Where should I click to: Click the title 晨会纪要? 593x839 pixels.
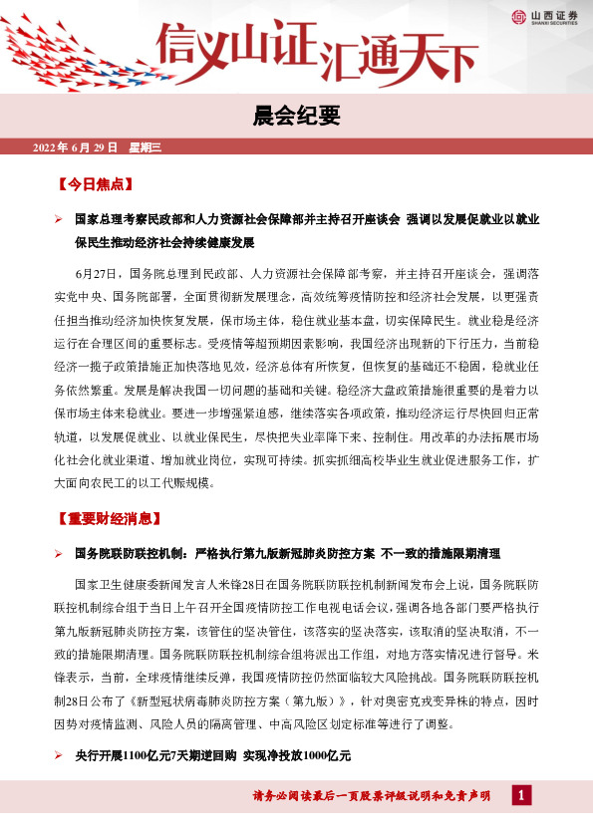pos(296,118)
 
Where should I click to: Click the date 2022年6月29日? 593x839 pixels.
pos(75,147)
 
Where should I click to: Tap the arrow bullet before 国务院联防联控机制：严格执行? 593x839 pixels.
pos(59,553)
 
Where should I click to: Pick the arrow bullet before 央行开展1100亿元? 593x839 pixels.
pos(59,757)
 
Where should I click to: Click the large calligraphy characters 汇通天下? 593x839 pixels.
pos(399,57)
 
